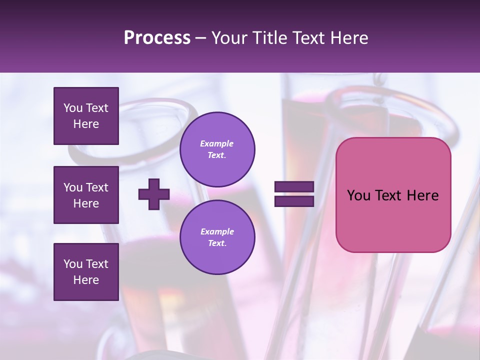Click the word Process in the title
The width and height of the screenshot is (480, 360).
pyautogui.click(x=157, y=38)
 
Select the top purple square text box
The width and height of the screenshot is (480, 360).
pyautogui.click(x=86, y=116)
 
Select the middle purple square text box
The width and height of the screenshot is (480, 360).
pyautogui.click(x=86, y=195)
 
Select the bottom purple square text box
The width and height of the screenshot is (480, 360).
pyautogui.click(x=86, y=272)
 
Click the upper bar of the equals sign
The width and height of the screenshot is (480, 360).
pyautogui.click(x=294, y=186)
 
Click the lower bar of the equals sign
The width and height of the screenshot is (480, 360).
pyautogui.click(x=294, y=201)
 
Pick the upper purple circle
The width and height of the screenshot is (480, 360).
pyautogui.click(x=217, y=149)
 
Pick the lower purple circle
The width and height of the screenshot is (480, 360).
pyautogui.click(x=217, y=237)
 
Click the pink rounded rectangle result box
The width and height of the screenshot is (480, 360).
pyautogui.click(x=393, y=220)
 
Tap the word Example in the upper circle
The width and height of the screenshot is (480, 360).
pyautogui.click(x=217, y=143)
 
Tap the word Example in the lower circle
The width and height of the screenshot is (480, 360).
pyautogui.click(x=217, y=231)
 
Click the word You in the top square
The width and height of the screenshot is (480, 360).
pyautogui.click(x=72, y=108)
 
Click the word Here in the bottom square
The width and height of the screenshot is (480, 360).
pyautogui.click(x=86, y=280)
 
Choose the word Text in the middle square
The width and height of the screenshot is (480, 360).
pyautogui.click(x=97, y=187)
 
